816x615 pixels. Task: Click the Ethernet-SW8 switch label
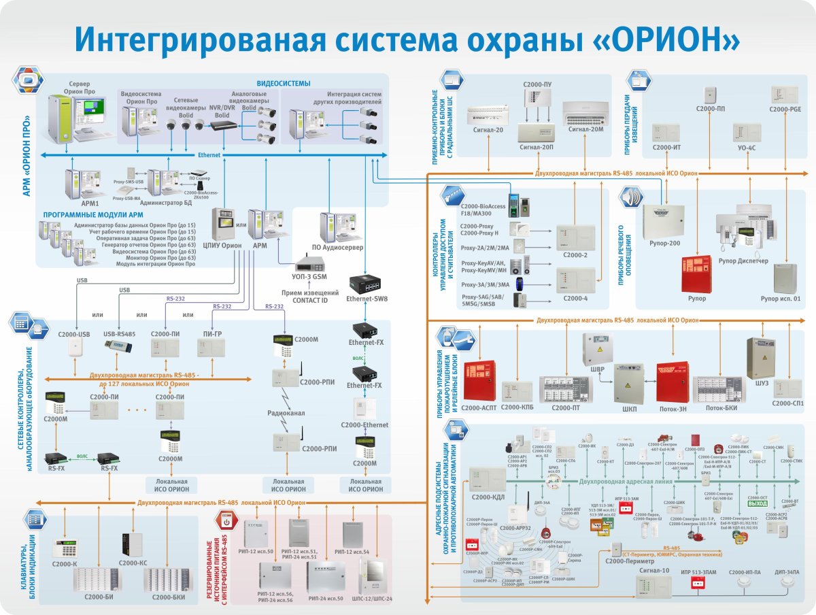point(366,299)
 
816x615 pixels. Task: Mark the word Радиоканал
point(286,413)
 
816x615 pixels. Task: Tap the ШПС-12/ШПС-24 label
point(373,599)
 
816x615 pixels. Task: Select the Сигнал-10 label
point(653,570)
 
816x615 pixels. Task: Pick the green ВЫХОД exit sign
point(758,504)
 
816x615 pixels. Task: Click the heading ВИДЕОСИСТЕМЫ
point(284,83)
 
